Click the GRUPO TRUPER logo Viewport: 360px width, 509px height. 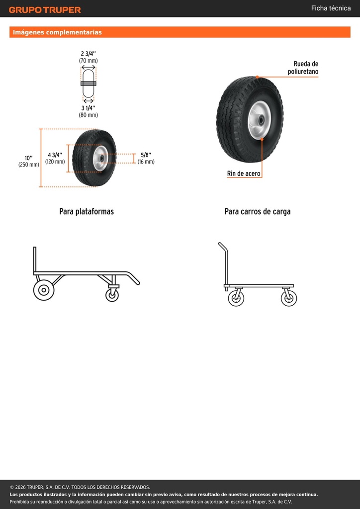pyautogui.click(x=45, y=10)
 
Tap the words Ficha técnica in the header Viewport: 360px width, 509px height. pyautogui.click(x=331, y=8)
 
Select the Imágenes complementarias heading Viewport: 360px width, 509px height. pyautogui.click(x=57, y=32)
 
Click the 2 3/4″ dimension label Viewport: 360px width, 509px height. pyautogui.click(x=89, y=54)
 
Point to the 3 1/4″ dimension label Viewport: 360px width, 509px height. pyautogui.click(x=89, y=108)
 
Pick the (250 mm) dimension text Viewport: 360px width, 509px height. pyautogui.click(x=28, y=165)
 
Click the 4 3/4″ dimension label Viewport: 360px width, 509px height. pyautogui.click(x=55, y=155)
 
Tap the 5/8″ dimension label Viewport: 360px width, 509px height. pyautogui.click(x=146, y=155)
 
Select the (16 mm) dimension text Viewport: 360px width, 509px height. pyautogui.click(x=146, y=162)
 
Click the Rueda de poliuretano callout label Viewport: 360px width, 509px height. pyautogui.click(x=303, y=68)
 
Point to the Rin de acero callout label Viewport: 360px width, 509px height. pyautogui.click(x=244, y=173)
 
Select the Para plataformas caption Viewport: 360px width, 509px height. pyautogui.click(x=87, y=211)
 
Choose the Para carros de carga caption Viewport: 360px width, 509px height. pyautogui.click(x=258, y=212)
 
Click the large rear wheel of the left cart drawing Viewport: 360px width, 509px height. pyautogui.click(x=43, y=290)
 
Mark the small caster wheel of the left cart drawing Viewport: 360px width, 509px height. pyautogui.click(x=112, y=295)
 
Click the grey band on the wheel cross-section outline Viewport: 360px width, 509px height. pyautogui.click(x=89, y=84)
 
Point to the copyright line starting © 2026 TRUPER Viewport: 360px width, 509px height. pyautogui.click(x=80, y=487)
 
